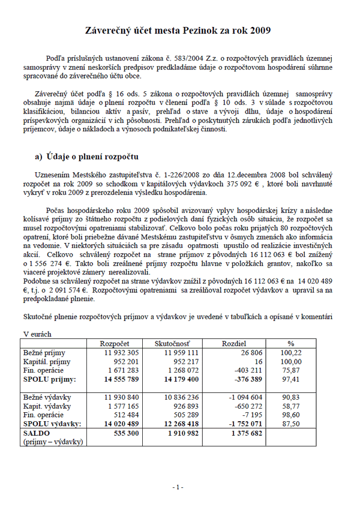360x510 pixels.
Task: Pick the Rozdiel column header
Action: tap(233, 344)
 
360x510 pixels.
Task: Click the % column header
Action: tap(290, 344)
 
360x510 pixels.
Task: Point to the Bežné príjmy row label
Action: tap(44, 353)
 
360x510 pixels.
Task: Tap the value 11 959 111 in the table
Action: tap(182, 353)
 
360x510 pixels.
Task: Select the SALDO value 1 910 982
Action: tap(184, 433)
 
